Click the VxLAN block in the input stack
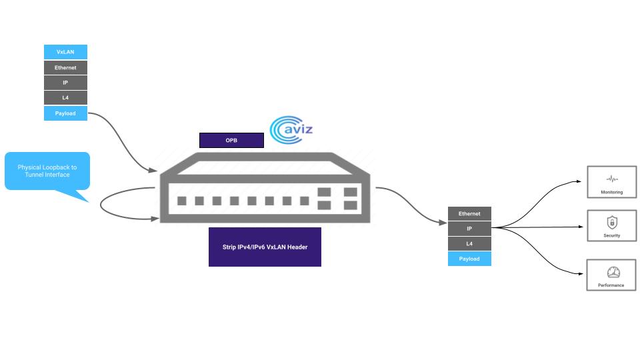(x=65, y=52)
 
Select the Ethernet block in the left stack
(x=65, y=67)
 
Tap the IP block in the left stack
(x=65, y=83)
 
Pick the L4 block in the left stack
(x=65, y=98)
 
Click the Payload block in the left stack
(x=65, y=113)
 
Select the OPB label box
(x=231, y=140)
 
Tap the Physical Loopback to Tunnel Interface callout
(x=47, y=171)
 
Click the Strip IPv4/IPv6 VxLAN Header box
(x=265, y=247)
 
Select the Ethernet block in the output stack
(x=469, y=213)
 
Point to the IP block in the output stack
(x=469, y=229)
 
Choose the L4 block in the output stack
(x=469, y=244)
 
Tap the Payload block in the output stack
(x=469, y=259)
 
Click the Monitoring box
(x=611, y=182)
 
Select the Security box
(x=611, y=225)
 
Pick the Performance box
(x=611, y=275)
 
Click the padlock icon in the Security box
(x=612, y=222)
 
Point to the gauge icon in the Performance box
(x=613, y=272)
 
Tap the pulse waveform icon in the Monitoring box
(x=612, y=179)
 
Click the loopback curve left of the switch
(x=102, y=204)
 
